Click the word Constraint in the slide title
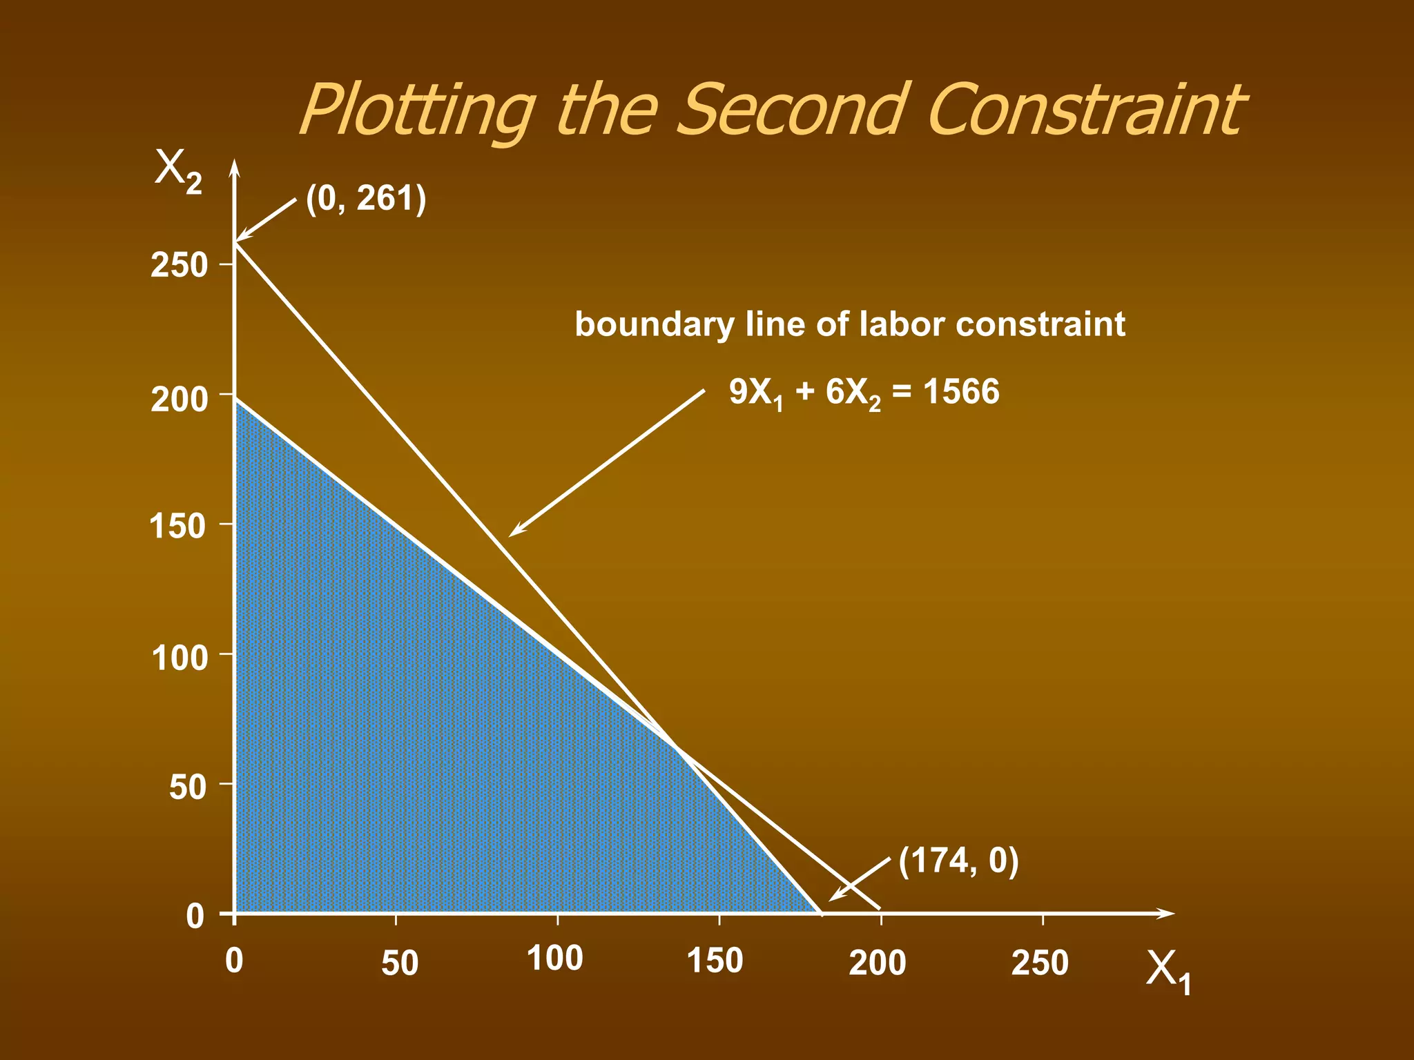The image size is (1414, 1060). point(1084,110)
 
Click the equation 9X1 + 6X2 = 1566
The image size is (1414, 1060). point(864,393)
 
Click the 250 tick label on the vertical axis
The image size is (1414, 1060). point(179,265)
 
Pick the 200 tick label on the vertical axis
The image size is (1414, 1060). point(179,400)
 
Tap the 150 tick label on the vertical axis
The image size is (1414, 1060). point(178,527)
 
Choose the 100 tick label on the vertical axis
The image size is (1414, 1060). point(179,658)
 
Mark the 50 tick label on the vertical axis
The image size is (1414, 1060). point(187,787)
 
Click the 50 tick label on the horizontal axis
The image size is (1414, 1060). point(400,963)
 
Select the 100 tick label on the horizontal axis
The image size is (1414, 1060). point(555,959)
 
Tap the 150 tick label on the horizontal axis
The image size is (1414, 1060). point(715,961)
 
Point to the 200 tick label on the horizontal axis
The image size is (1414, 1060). point(877,963)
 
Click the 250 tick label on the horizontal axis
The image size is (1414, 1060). point(1040,963)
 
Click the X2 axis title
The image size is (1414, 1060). point(177,170)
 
